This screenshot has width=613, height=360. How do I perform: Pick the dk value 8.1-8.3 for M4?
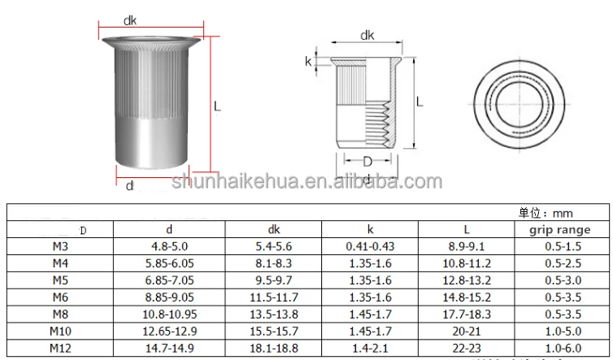[273, 263]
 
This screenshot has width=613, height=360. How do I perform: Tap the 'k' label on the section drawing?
[308, 62]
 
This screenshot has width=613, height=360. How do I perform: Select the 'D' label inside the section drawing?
[367, 159]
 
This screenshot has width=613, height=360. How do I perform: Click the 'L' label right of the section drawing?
[419, 102]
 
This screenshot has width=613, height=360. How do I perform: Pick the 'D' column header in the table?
[81, 231]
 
